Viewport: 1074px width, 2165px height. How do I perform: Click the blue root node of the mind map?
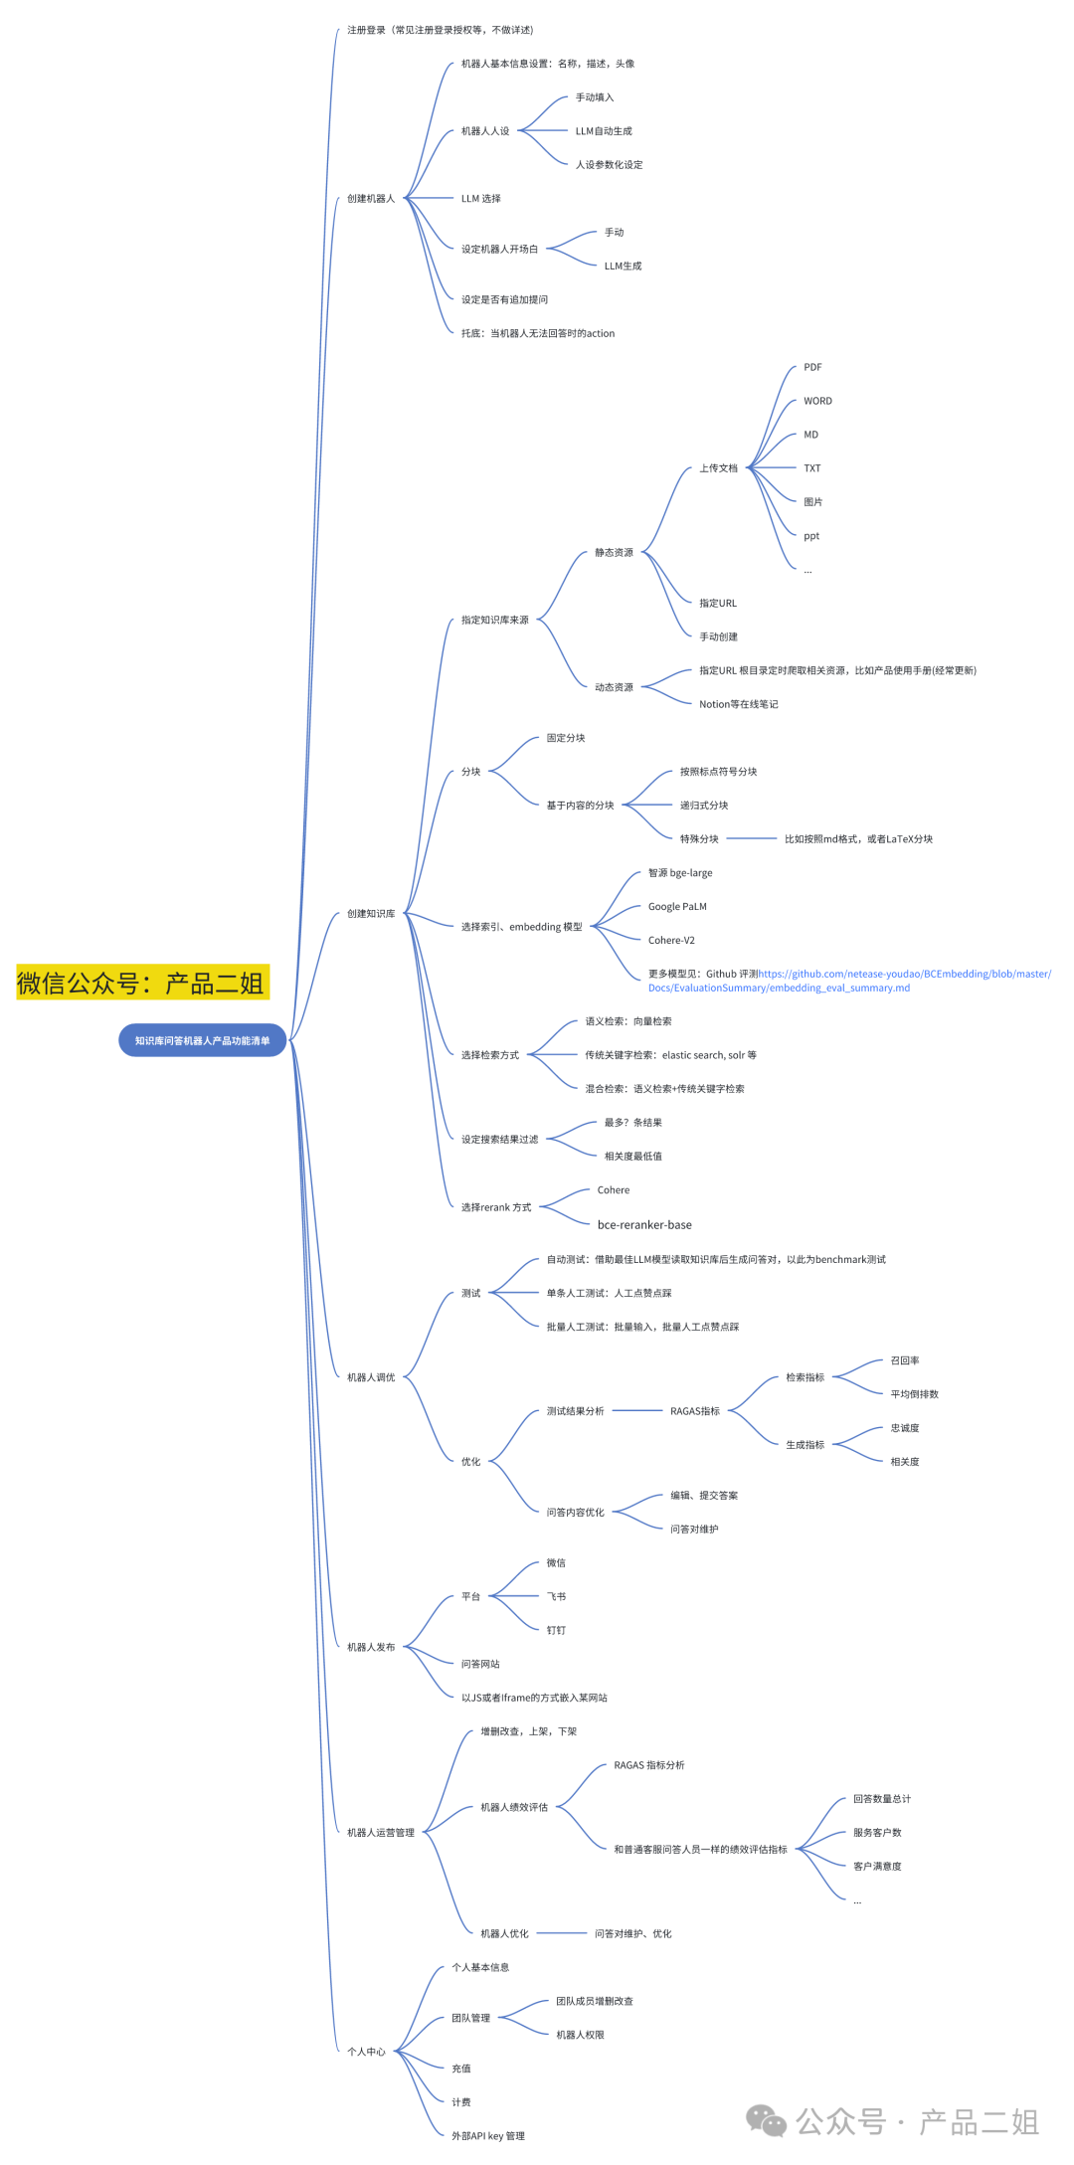pyautogui.click(x=202, y=1040)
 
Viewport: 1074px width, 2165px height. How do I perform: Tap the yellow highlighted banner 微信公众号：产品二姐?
pyautogui.click(x=142, y=983)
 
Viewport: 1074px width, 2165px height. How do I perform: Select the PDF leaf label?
pyautogui.click(x=812, y=367)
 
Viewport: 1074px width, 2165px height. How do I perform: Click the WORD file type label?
pyautogui.click(x=817, y=401)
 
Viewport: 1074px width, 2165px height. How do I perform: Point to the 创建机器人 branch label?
pyautogui.click(x=371, y=199)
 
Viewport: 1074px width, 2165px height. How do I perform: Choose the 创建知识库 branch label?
pyautogui.click(x=371, y=914)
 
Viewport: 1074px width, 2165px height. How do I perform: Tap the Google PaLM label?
pyautogui.click(x=677, y=907)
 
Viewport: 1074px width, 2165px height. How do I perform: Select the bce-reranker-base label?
pyautogui.click(x=644, y=1225)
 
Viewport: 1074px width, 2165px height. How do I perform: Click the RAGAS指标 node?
pyautogui.click(x=694, y=1411)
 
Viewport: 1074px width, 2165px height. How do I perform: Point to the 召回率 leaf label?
pyautogui.click(x=905, y=1360)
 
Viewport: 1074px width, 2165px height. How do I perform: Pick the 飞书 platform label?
pyautogui.click(x=556, y=1597)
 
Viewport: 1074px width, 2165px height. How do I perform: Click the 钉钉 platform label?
pyautogui.click(x=556, y=1631)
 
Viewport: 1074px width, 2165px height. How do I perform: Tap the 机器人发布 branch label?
pyautogui.click(x=371, y=1648)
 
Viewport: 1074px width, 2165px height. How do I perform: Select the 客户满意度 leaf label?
pyautogui.click(x=877, y=1867)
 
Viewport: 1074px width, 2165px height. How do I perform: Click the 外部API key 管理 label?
pyautogui.click(x=487, y=2136)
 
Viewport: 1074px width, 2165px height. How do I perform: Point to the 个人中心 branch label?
pyautogui.click(x=366, y=2052)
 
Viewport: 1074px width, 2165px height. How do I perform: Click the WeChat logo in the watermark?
pyautogui.click(x=766, y=2121)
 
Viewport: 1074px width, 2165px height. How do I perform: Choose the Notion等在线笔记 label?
pyautogui.click(x=738, y=704)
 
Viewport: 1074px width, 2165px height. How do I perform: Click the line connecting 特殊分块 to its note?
pyautogui.click(x=751, y=839)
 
